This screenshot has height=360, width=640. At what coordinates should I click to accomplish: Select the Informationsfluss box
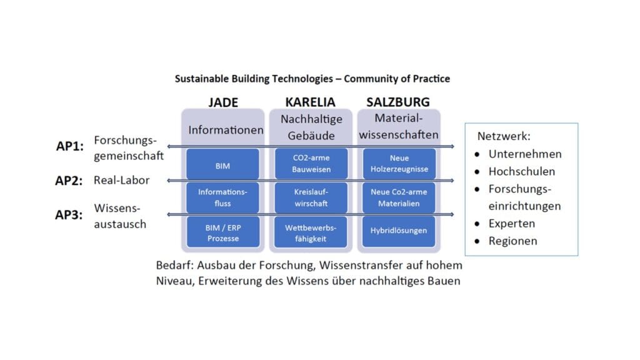click(222, 197)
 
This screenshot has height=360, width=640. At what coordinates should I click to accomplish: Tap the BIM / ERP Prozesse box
click(222, 232)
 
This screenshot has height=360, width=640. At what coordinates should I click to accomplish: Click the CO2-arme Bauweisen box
click(311, 164)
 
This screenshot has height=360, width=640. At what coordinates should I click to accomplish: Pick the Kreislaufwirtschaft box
click(311, 197)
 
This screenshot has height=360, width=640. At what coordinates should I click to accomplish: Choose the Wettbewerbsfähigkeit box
click(311, 232)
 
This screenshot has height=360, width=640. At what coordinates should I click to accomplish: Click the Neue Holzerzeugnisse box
click(399, 164)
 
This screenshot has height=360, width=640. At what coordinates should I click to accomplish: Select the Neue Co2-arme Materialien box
click(399, 197)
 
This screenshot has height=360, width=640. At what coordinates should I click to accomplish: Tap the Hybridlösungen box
click(399, 231)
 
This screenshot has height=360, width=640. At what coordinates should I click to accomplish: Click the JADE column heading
click(222, 102)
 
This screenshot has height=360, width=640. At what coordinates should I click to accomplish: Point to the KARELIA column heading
click(310, 102)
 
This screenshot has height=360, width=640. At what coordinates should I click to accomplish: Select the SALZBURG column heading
click(398, 102)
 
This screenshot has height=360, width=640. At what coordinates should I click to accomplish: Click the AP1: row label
click(69, 146)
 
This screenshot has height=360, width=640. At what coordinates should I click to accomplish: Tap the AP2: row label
click(69, 181)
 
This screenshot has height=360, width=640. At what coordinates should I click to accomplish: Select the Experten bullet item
click(511, 223)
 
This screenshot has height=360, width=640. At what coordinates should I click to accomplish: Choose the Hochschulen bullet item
click(521, 171)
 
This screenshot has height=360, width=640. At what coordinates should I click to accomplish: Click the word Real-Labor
click(122, 180)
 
